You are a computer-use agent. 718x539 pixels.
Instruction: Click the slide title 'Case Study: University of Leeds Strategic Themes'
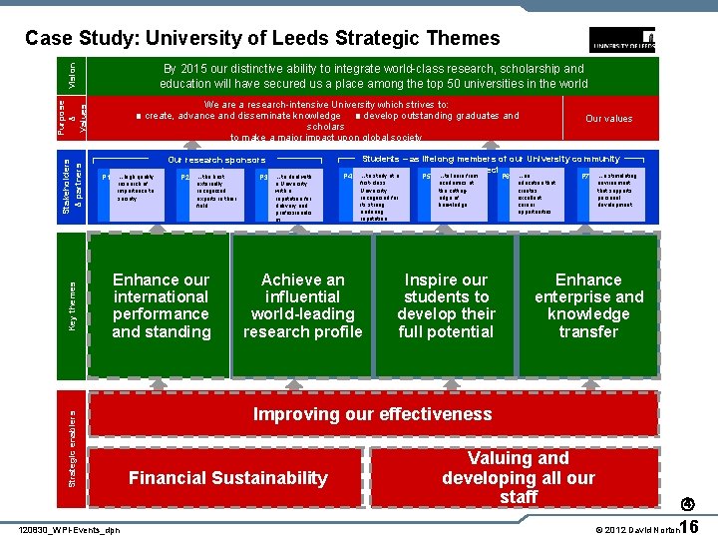click(262, 39)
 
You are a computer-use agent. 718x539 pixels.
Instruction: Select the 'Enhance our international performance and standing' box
click(162, 305)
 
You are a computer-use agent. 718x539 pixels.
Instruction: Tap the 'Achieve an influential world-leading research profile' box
click(303, 305)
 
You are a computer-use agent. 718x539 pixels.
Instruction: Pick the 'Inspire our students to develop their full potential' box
click(446, 305)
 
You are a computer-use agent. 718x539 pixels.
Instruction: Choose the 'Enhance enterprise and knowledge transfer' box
click(588, 305)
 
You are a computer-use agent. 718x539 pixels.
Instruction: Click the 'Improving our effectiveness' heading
click(372, 414)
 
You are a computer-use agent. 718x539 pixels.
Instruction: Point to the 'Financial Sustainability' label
click(227, 478)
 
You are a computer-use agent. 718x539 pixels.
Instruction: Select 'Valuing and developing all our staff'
click(519, 477)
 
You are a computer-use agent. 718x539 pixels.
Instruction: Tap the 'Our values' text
click(608, 119)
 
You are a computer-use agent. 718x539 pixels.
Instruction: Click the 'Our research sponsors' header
click(216, 160)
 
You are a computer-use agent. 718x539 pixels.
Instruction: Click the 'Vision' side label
click(71, 72)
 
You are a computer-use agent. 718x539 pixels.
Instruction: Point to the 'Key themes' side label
click(71, 305)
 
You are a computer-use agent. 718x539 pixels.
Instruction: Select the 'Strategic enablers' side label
click(71, 444)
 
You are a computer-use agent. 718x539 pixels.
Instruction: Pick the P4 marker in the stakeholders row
click(348, 177)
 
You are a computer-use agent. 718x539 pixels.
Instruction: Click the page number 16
click(695, 525)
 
